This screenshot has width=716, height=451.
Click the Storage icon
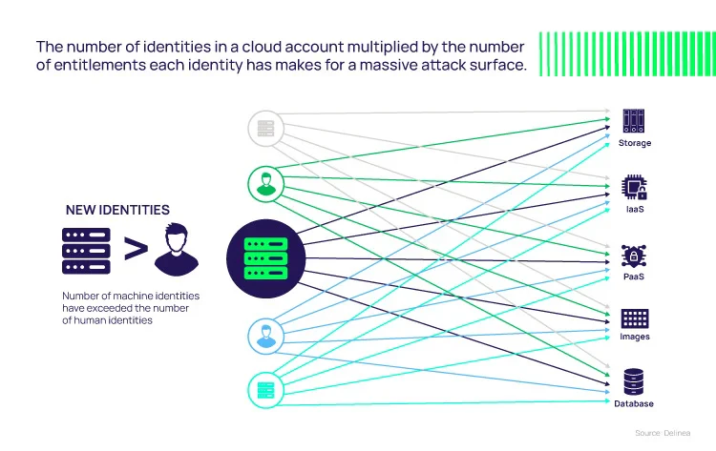click(x=634, y=121)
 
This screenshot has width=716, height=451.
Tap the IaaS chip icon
click(x=634, y=187)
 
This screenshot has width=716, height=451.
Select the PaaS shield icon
click(x=634, y=256)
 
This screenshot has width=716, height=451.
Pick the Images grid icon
click(x=635, y=318)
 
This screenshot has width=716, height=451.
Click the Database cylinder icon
click(x=634, y=381)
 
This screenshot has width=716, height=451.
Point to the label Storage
click(x=635, y=143)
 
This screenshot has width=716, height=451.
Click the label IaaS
click(x=635, y=210)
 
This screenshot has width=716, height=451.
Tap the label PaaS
click(x=634, y=277)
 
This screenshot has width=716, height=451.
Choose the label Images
click(x=635, y=337)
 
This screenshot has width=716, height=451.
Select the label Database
click(x=634, y=403)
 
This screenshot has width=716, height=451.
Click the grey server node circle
click(x=265, y=128)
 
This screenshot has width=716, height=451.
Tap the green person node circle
click(x=265, y=184)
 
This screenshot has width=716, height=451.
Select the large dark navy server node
click(x=265, y=258)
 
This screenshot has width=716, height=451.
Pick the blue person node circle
click(x=265, y=336)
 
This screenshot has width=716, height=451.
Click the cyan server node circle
click(x=265, y=390)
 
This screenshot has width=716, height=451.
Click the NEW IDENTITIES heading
click(x=117, y=210)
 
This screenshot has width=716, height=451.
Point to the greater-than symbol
click(x=136, y=249)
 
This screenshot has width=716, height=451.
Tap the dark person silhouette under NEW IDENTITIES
click(x=177, y=249)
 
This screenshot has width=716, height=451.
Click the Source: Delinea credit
click(x=663, y=433)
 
